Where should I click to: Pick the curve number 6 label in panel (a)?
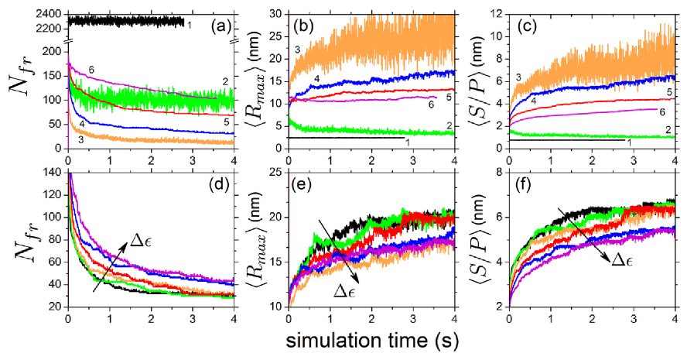pos(90,68)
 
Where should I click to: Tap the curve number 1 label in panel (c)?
pos(629,142)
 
